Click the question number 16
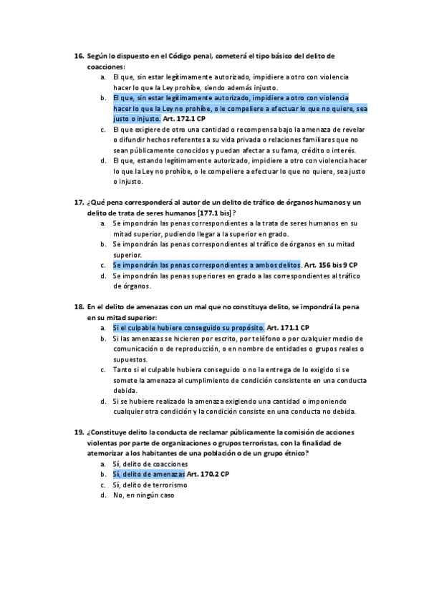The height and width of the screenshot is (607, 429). (x=79, y=56)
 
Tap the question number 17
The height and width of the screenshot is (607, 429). (x=79, y=203)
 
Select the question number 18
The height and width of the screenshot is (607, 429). (x=79, y=307)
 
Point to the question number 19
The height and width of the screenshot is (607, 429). (x=79, y=432)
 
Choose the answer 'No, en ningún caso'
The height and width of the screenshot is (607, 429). (x=143, y=495)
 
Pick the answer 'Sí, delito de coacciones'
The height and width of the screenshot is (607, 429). (x=150, y=464)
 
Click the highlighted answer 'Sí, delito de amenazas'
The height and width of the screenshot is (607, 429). (x=149, y=474)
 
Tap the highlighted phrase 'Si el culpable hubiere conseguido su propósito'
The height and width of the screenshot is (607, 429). (x=188, y=328)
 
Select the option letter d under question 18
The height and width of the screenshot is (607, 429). (x=104, y=401)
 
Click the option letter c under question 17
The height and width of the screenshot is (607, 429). (x=104, y=265)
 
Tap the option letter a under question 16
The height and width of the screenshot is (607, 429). (x=104, y=77)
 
